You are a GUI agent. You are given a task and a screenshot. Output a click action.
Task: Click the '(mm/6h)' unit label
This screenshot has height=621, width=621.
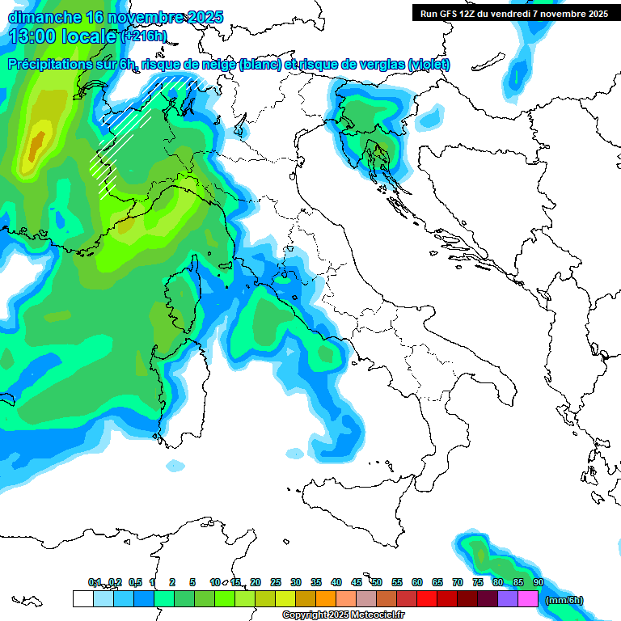[564, 600]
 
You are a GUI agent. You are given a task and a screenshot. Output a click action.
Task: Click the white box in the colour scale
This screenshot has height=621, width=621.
[82, 599]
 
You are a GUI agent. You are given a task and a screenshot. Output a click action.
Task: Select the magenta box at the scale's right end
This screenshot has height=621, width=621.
[528, 599]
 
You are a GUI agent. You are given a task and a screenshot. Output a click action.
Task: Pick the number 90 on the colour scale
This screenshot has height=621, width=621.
[539, 582]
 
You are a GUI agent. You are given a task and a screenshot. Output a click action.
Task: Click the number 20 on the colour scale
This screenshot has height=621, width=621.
[256, 582]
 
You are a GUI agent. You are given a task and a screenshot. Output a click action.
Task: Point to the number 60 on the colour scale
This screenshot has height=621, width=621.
[417, 582]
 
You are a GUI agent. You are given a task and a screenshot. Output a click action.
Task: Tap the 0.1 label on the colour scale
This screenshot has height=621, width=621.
[95, 582]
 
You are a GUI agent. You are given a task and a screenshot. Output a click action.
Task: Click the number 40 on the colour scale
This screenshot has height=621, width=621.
[336, 582]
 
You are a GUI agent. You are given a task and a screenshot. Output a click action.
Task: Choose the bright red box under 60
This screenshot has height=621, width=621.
[427, 599]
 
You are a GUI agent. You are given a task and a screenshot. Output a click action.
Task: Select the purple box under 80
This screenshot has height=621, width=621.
[508, 599]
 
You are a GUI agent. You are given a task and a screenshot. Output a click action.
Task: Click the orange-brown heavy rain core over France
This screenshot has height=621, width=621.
[36, 146]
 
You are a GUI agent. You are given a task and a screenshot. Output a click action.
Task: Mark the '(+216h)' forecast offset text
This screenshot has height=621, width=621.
[145, 36]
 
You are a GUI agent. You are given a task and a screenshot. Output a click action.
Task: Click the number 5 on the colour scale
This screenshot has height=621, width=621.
[192, 582]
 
